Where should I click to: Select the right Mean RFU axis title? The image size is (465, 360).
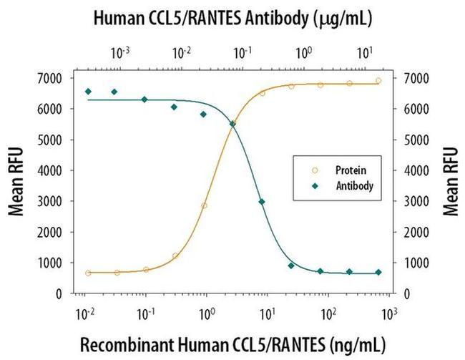[x=451, y=181]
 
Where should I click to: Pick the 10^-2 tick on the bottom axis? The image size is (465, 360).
[x=85, y=311]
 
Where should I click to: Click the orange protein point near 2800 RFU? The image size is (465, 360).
[x=204, y=205]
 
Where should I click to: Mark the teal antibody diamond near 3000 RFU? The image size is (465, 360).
[x=262, y=202]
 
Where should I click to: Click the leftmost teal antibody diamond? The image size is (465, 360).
[x=88, y=92]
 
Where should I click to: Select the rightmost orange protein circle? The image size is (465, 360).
[x=378, y=81]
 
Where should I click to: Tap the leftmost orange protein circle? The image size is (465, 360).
[x=88, y=273]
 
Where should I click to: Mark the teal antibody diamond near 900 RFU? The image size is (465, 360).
[x=291, y=266]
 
